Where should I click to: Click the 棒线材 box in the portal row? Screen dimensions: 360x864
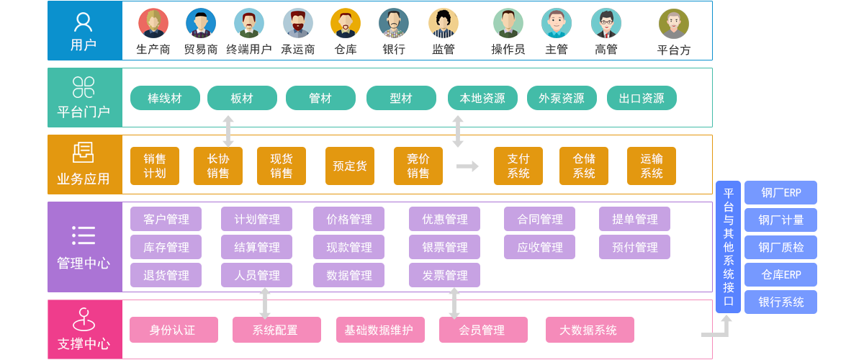(x=165, y=99)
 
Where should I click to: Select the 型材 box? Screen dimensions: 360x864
(x=401, y=99)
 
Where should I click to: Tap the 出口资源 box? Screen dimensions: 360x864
(x=641, y=99)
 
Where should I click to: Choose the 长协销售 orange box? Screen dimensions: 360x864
(x=218, y=166)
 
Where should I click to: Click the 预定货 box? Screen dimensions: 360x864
(x=350, y=166)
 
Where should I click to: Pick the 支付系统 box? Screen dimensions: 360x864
(x=518, y=166)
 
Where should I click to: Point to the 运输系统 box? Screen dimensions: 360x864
(x=652, y=166)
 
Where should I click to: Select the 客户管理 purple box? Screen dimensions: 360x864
(x=166, y=220)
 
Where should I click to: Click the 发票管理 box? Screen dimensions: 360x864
(x=445, y=275)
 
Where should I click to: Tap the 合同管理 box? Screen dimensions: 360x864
(x=539, y=220)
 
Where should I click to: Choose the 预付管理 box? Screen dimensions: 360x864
(x=634, y=248)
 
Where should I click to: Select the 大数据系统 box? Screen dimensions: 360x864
(x=590, y=330)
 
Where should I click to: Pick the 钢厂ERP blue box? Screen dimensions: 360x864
(x=780, y=193)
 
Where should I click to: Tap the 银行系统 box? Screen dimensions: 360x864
(x=780, y=302)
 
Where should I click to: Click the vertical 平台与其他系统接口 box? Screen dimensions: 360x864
(x=729, y=247)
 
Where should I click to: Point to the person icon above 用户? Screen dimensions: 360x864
(x=84, y=22)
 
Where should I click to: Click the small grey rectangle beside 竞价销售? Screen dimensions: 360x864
(x=468, y=166)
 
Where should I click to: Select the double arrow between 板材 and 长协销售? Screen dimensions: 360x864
(x=228, y=130)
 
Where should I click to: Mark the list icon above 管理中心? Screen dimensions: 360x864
(x=84, y=235)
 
